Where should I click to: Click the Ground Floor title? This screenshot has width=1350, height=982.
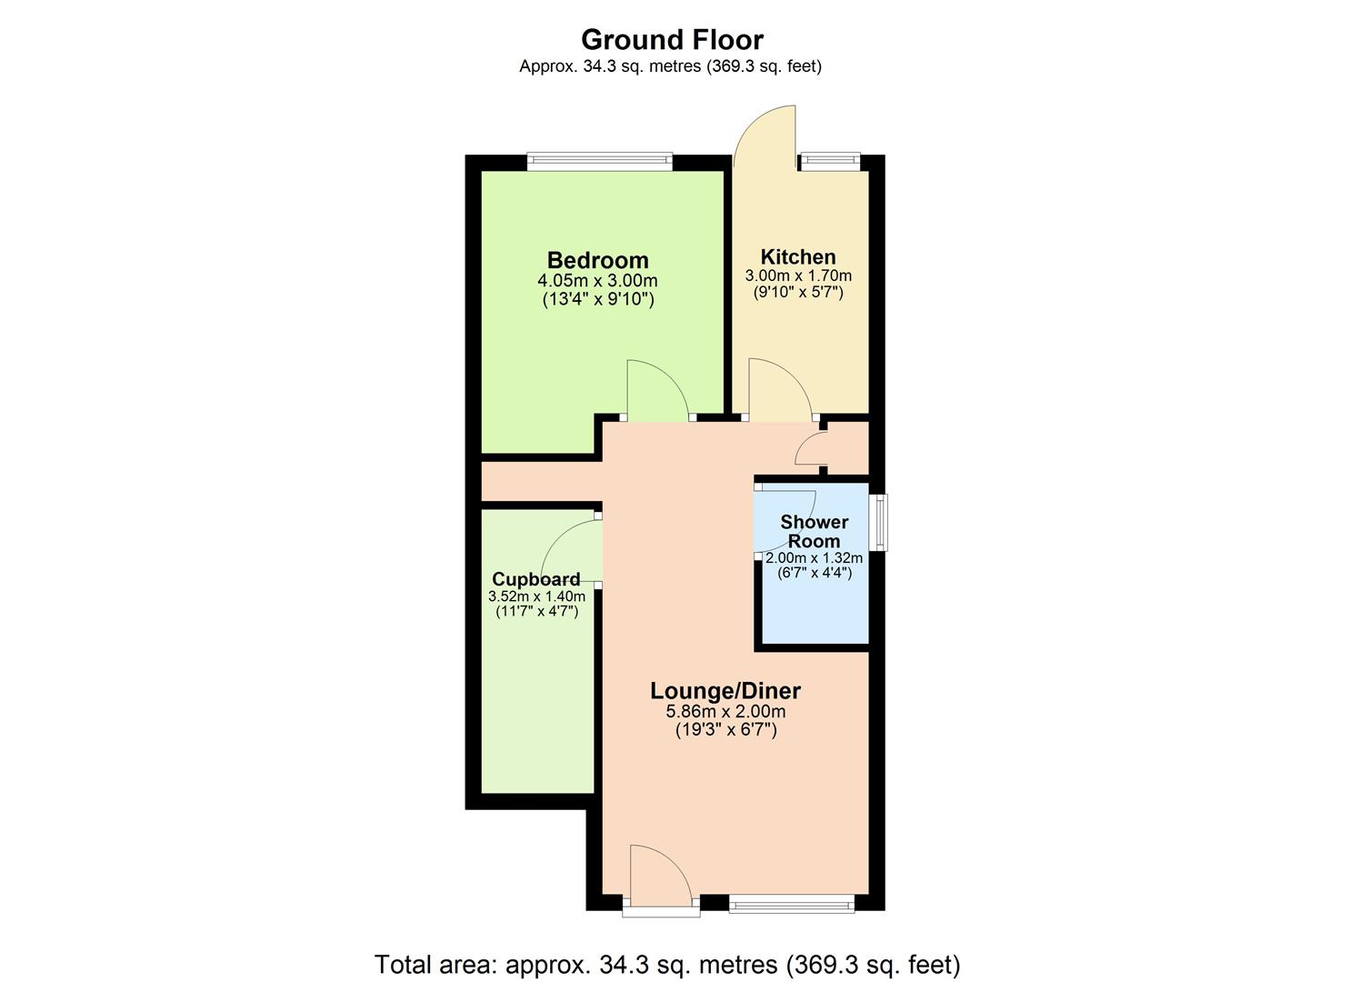pos(672,40)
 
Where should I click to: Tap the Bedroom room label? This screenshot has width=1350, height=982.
pos(597,260)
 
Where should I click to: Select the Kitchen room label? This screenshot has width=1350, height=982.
pos(798,256)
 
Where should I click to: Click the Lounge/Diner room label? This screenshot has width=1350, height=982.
pos(725,691)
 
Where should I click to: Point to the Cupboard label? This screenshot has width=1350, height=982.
pos(535,579)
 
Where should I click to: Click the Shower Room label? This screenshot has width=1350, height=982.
pos(814,531)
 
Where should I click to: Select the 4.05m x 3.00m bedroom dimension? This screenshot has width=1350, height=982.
pos(597,281)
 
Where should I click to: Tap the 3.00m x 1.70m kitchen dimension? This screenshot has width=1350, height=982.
pos(798,276)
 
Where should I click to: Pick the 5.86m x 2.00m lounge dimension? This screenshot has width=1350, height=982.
pos(725,711)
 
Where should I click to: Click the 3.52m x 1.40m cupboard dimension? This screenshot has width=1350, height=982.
pos(536,596)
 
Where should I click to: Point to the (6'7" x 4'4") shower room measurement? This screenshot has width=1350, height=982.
pos(814,573)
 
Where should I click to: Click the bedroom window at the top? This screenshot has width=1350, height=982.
pos(599,163)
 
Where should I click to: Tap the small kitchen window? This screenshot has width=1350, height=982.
pos(828,163)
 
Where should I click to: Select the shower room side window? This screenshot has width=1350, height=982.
pos(877,522)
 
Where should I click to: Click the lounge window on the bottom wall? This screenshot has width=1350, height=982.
pos(791,903)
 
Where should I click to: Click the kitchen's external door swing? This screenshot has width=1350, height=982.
pos(764,136)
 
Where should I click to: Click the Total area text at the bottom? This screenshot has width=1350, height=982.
pos(667,964)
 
